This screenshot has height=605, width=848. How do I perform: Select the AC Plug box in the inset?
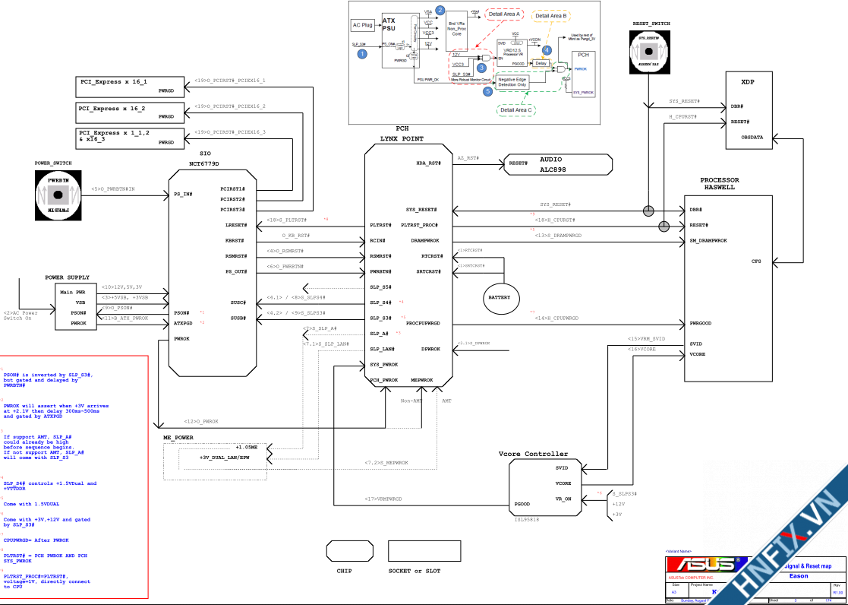point(363,25)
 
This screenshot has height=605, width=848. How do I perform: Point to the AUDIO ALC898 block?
point(557,164)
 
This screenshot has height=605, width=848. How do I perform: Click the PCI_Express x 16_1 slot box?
point(130,84)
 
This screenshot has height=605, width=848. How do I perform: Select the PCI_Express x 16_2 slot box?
point(130,112)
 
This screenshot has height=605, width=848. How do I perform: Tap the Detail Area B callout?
point(551,15)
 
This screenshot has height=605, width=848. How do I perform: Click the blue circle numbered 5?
point(487,91)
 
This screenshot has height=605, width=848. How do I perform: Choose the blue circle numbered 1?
point(362,54)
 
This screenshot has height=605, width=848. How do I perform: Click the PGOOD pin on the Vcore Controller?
point(522,504)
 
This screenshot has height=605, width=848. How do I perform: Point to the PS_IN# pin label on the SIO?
point(183,195)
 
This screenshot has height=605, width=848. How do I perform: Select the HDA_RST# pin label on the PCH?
point(428,163)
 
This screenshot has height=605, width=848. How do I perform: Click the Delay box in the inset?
point(541,63)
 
